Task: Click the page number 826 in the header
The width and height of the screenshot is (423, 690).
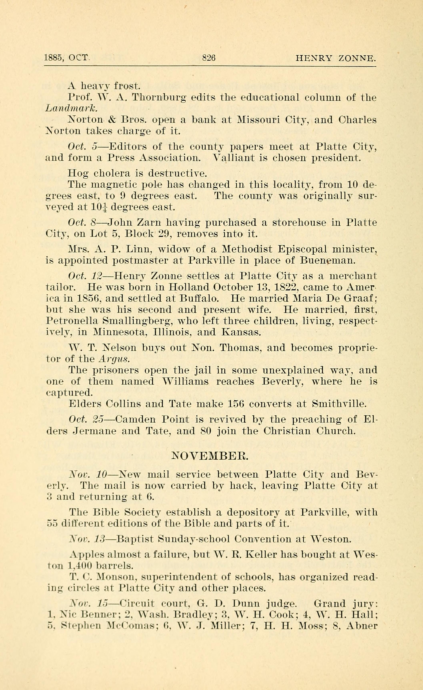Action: click(209, 58)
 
